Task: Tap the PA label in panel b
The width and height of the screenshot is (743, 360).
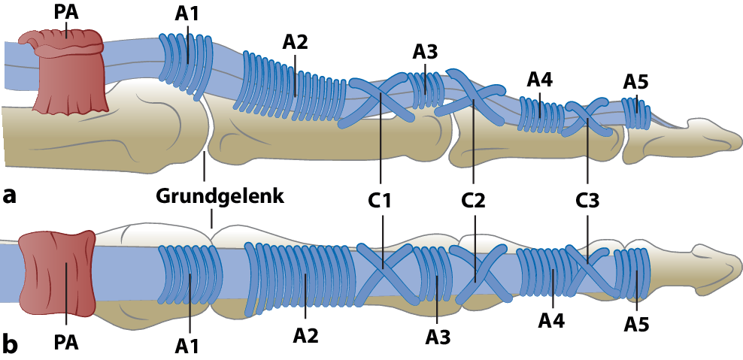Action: click(66, 343)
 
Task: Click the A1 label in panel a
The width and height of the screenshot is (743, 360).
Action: click(188, 14)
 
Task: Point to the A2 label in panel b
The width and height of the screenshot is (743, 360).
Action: click(305, 334)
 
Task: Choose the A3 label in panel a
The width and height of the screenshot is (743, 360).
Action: click(425, 51)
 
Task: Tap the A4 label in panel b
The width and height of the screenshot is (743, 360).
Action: click(552, 321)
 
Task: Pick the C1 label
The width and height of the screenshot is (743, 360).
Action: click(381, 201)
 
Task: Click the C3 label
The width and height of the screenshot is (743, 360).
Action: click(587, 201)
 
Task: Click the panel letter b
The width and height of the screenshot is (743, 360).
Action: click(10, 343)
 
